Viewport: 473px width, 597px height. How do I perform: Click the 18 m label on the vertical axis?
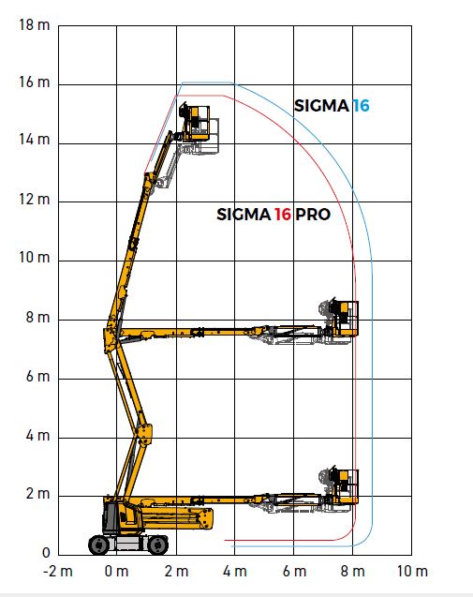coord(35,24)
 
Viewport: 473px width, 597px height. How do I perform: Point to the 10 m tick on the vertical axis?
coord(35,258)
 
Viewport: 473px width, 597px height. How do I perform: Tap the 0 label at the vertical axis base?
coord(46,552)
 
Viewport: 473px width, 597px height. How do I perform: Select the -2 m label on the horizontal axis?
coord(58,571)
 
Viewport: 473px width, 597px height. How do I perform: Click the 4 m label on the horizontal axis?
coord(235,571)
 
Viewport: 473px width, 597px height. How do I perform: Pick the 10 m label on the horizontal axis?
coord(412,571)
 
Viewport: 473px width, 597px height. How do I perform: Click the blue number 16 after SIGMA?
coord(361,106)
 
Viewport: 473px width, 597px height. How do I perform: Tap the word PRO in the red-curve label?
coord(313,215)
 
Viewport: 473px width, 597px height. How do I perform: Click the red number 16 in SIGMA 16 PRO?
coord(283,215)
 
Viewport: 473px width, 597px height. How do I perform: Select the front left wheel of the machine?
coord(99,545)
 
